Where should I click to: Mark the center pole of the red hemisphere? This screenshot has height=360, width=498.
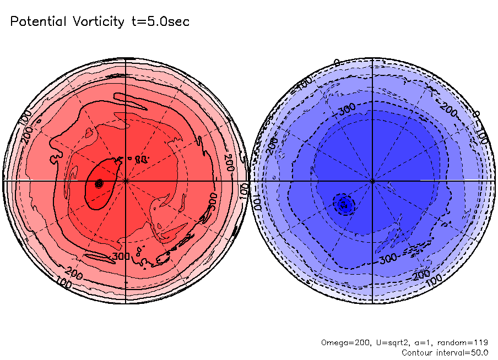[126, 181]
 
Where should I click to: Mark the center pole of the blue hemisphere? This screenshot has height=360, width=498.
[372, 181]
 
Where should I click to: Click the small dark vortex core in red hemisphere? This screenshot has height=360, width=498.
[99, 184]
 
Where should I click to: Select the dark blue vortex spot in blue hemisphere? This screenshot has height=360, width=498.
[343, 204]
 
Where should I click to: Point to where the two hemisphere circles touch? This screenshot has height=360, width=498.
[249, 181]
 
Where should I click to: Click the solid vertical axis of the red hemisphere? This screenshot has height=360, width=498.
[126, 110]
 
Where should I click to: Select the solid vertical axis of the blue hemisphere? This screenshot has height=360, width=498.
[372, 110]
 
